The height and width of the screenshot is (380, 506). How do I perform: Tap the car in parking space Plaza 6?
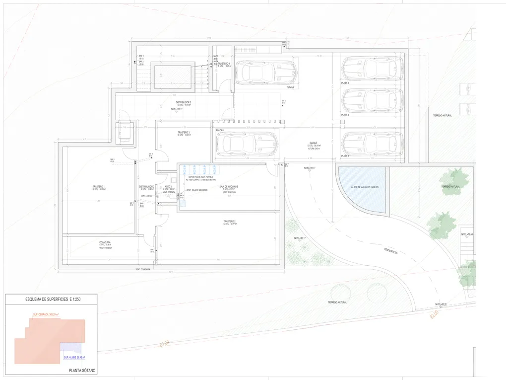tap(247, 144)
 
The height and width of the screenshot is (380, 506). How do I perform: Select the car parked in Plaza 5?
tap(372, 144)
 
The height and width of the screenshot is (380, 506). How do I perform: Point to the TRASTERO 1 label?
tap(98, 187)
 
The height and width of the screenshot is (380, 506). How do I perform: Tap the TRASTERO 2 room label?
tap(229, 222)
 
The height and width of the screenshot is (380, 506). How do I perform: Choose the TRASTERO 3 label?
tap(184, 133)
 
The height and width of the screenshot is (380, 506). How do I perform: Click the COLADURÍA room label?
tap(105, 242)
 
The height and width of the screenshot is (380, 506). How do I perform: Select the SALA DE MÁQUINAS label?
tap(229, 187)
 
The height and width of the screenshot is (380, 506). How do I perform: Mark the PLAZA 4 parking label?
tap(345, 115)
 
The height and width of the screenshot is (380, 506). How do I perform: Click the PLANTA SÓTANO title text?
tap(82, 371)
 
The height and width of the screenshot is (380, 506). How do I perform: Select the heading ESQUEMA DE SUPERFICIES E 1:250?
tap(52, 300)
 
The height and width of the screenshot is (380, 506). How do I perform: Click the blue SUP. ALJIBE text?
tap(74, 357)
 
